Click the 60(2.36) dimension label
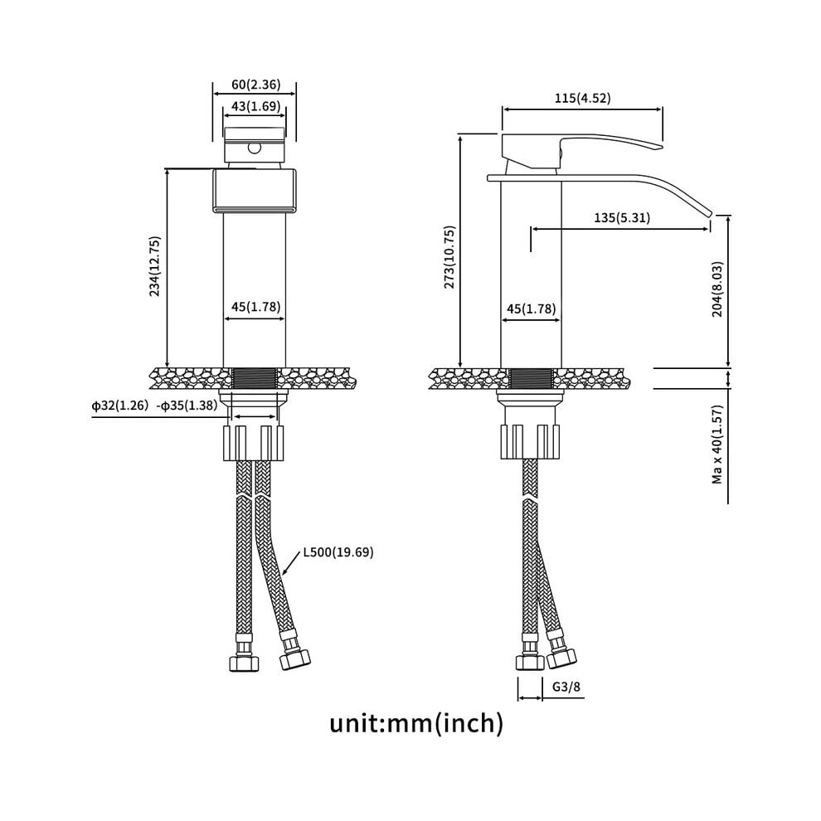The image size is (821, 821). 256,84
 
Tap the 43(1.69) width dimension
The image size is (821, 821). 256,106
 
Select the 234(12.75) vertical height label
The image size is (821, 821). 155,266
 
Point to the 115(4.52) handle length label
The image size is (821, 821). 583,98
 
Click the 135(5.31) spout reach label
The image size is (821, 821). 622,217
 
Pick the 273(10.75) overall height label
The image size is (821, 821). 449,257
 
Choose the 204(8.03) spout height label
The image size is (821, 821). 717,289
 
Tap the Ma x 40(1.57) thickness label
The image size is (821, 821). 717,444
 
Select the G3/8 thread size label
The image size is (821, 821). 566,687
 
